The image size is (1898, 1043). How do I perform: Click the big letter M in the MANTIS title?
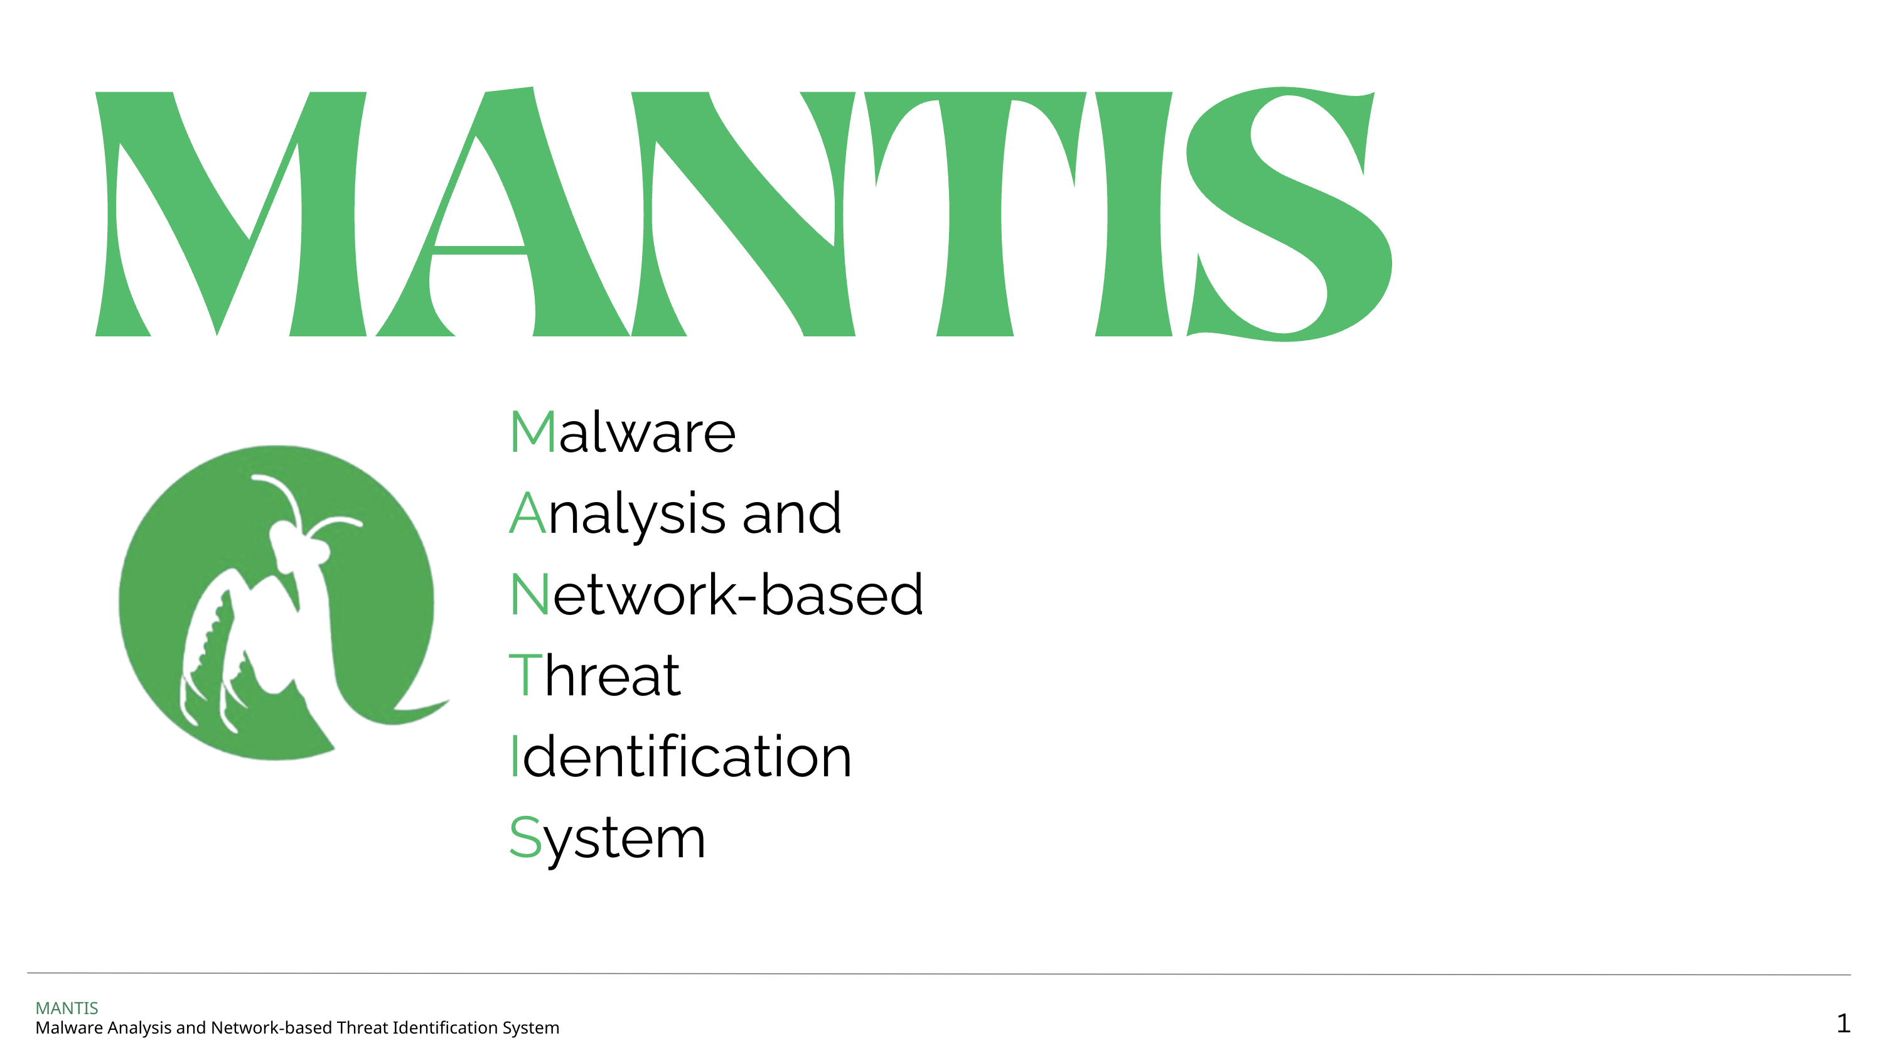(x=230, y=213)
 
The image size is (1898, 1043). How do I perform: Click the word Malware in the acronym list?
(x=623, y=432)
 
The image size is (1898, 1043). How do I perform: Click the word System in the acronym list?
(x=607, y=840)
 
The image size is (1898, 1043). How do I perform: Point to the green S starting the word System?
(x=525, y=838)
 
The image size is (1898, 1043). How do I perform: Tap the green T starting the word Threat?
(x=525, y=675)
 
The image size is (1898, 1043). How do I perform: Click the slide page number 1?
(x=1843, y=1023)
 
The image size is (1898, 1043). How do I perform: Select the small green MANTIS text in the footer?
(x=67, y=1008)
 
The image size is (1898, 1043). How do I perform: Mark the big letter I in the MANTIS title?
(x=1133, y=213)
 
